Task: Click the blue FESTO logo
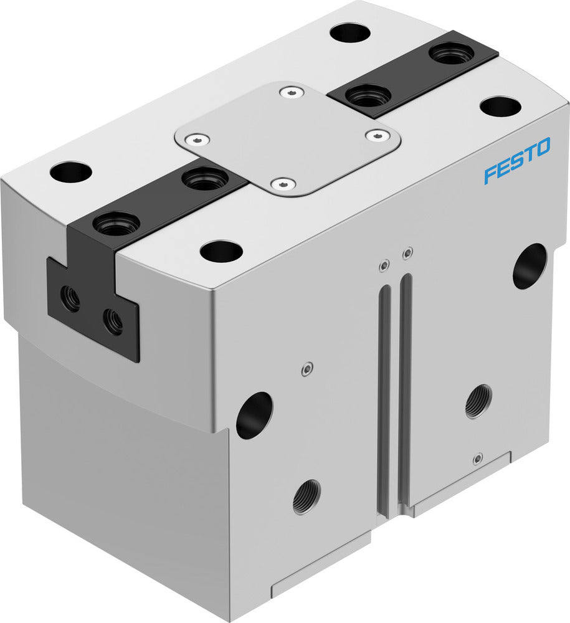pos(517,160)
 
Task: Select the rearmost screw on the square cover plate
pos(291,93)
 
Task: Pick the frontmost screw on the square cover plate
pos(283,184)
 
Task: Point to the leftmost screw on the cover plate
pos(198,138)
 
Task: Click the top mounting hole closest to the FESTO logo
pos(500,107)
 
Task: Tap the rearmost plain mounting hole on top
pos(350,32)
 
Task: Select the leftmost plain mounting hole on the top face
pos(71,172)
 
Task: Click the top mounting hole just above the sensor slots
pos(221,251)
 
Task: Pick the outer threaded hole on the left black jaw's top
pos(116,224)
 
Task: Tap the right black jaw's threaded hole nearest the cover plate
pos(368,97)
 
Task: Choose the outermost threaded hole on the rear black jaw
pos(452,54)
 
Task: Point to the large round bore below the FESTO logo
pos(530,266)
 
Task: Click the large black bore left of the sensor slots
pos(254,415)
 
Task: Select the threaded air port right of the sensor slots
pos(478,401)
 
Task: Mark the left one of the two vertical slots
pos(384,399)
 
